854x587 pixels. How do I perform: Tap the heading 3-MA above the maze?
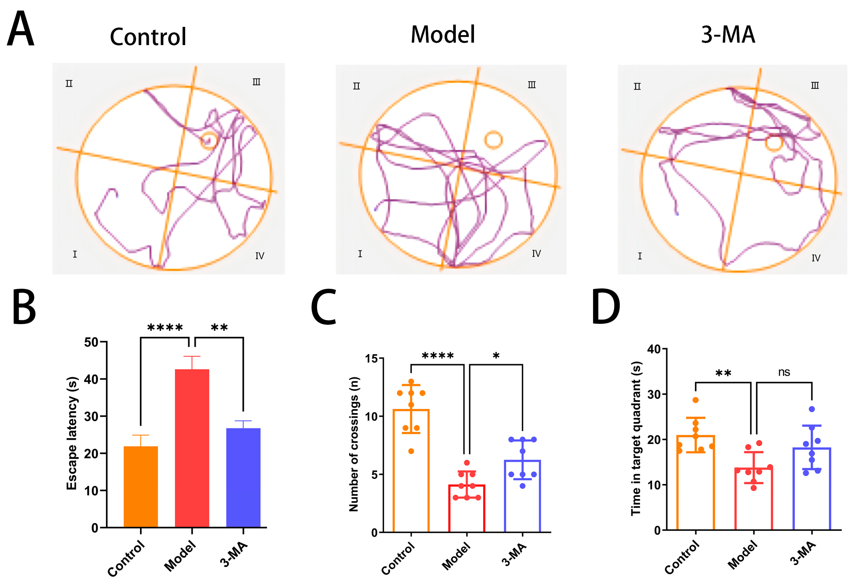coord(728,35)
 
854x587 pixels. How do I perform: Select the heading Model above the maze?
coord(443,35)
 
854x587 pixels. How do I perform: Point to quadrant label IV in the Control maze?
coord(259,256)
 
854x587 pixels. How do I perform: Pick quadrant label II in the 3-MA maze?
coord(637,86)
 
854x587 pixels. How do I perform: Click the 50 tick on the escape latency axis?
coord(91,342)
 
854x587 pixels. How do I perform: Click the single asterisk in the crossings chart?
coord(496,356)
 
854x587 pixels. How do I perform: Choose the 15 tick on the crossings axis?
coord(372,358)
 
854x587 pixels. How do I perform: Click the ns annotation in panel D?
coord(784,372)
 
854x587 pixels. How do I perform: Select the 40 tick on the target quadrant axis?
coord(654,349)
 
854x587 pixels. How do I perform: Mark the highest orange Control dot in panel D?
coord(695,400)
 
